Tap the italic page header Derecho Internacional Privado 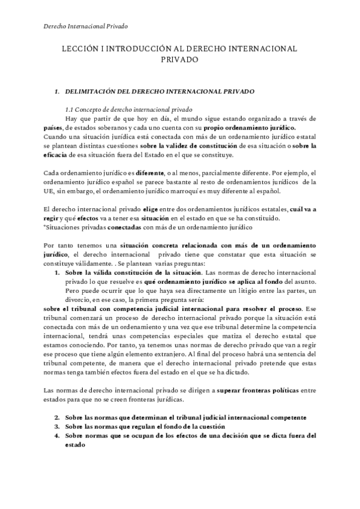pos(86,26)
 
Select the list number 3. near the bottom pos(58,427)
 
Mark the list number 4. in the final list pos(58,436)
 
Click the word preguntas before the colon pos(170,264)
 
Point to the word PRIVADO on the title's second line pos(180,59)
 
